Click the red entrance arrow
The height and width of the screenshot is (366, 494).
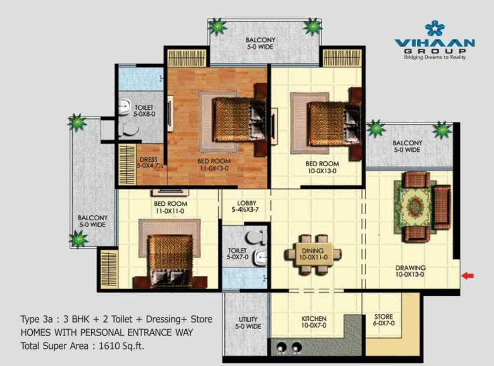[x=467, y=276]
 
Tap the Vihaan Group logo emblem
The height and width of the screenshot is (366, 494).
[x=435, y=28]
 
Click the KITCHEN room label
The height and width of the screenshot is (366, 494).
[x=314, y=318]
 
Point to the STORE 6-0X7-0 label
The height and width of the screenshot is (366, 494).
[x=384, y=319]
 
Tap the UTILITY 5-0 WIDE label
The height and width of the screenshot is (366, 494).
[x=248, y=323]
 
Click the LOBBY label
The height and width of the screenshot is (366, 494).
[x=247, y=203]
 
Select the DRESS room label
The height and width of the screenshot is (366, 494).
[x=149, y=160]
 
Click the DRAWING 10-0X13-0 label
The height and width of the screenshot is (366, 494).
[x=410, y=271]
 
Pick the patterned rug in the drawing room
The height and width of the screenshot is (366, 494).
[x=414, y=207]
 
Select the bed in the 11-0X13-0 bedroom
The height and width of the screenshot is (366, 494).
[x=239, y=119]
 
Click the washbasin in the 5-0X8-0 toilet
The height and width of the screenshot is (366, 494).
[x=125, y=106]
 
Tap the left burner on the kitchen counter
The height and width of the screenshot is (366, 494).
[x=280, y=347]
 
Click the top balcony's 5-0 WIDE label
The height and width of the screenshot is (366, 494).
[x=260, y=47]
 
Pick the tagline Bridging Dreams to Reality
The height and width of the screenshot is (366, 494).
[x=435, y=57]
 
